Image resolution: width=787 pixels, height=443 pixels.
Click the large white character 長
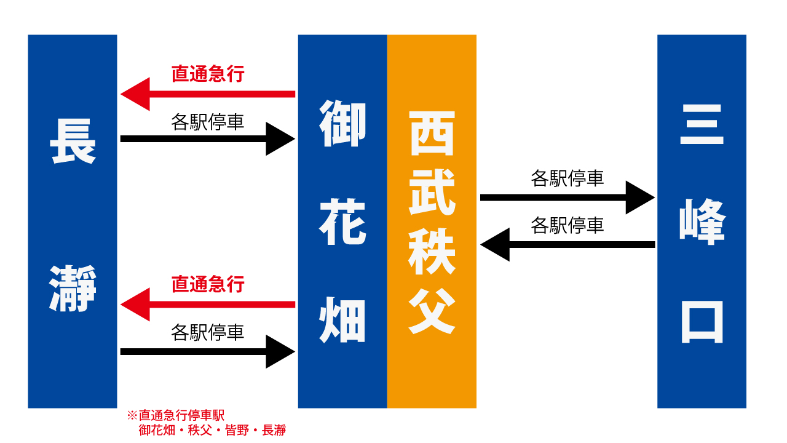tap(73, 142)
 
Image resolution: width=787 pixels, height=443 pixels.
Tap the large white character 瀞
tap(73, 289)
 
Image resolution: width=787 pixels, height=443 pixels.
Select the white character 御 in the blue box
tap(342, 124)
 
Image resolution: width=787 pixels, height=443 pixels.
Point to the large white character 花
tap(342, 221)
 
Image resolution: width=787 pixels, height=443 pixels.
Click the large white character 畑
tap(342, 319)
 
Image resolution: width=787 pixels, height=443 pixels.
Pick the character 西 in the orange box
tap(432, 134)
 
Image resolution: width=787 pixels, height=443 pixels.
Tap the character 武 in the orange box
tap(432, 192)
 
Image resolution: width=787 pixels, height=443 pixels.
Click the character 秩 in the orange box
tap(432, 252)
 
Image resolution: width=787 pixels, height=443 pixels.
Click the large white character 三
tap(702, 124)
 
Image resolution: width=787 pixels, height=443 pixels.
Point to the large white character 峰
tap(702, 221)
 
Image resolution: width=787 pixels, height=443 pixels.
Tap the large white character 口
tap(702, 322)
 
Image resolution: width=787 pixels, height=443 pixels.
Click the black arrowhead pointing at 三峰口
tap(640, 198)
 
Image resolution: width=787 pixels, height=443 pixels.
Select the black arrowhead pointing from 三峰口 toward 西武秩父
tap(495, 245)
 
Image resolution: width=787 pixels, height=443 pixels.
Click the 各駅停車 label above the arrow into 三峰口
tap(568, 178)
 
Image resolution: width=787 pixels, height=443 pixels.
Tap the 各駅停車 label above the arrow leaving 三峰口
tap(568, 225)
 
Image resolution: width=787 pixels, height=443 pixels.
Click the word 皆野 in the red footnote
tap(237, 430)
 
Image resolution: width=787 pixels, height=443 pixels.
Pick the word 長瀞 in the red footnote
tap(274, 430)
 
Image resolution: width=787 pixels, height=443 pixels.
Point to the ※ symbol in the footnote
tap(132, 415)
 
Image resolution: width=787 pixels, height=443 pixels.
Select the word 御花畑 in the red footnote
tap(157, 430)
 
